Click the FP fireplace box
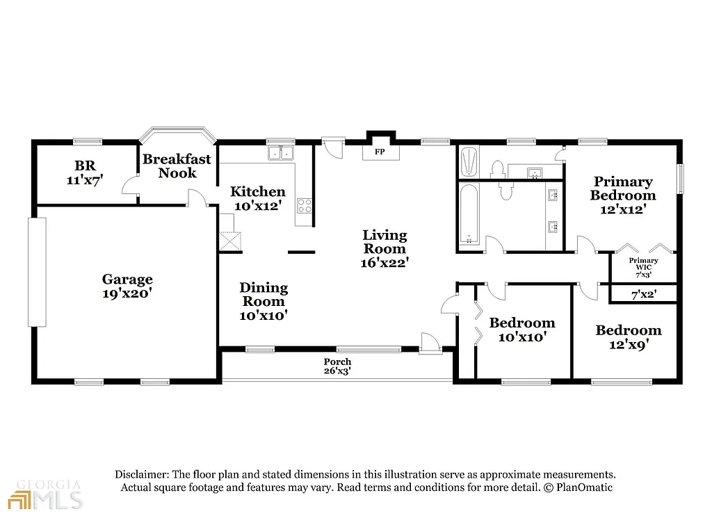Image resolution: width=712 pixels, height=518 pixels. tap(380, 151)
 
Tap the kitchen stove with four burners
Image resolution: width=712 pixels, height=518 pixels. tap(305, 205)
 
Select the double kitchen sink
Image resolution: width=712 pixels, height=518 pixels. tap(281, 152)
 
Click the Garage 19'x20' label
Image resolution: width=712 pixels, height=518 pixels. tap(127, 286)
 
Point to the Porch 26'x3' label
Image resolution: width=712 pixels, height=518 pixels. tap(337, 366)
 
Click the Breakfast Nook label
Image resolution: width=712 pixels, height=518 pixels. tap(177, 165)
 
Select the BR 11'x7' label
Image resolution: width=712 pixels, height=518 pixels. tap(86, 172)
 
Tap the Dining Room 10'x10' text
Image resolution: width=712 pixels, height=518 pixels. tap(264, 301)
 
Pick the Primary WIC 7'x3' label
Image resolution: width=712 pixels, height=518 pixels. tap(643, 268)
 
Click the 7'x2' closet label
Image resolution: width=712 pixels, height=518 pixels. tap(643, 295)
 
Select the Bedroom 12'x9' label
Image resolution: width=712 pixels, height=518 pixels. tap(628, 337)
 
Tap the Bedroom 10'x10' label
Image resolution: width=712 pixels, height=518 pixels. tap(521, 330)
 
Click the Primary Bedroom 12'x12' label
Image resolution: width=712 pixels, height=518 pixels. tap(623, 195)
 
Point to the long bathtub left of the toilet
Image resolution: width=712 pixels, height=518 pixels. tap(469, 214)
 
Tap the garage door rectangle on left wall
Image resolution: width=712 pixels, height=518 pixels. tap(37, 272)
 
